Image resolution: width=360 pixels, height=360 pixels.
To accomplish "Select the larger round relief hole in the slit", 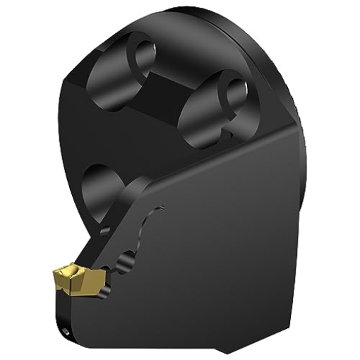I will (x=128, y=260).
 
